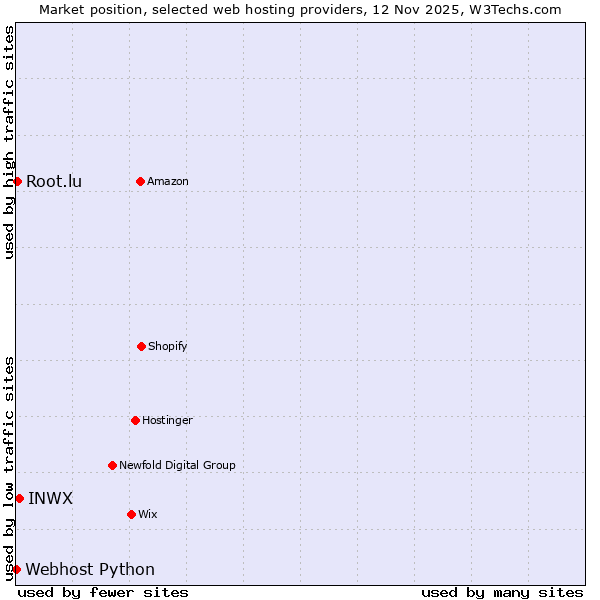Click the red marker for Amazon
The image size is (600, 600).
140,181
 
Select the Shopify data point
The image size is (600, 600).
141,346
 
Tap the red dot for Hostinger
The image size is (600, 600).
135,420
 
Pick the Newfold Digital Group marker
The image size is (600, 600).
112,465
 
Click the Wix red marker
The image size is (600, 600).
131,514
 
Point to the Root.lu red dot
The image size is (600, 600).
17,181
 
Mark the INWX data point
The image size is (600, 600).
19,498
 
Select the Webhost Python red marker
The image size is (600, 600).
16,569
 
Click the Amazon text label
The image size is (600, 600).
168,181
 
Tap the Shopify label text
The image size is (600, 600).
168,346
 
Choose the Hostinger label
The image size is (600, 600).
167,420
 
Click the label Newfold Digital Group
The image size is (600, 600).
177,465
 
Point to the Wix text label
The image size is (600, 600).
148,514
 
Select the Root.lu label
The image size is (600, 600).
54,181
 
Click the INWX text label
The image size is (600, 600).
50,498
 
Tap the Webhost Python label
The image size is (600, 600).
90,569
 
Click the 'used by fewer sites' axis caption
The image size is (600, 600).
103,592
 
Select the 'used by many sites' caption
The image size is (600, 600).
502,592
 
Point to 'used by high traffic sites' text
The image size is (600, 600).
9,142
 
